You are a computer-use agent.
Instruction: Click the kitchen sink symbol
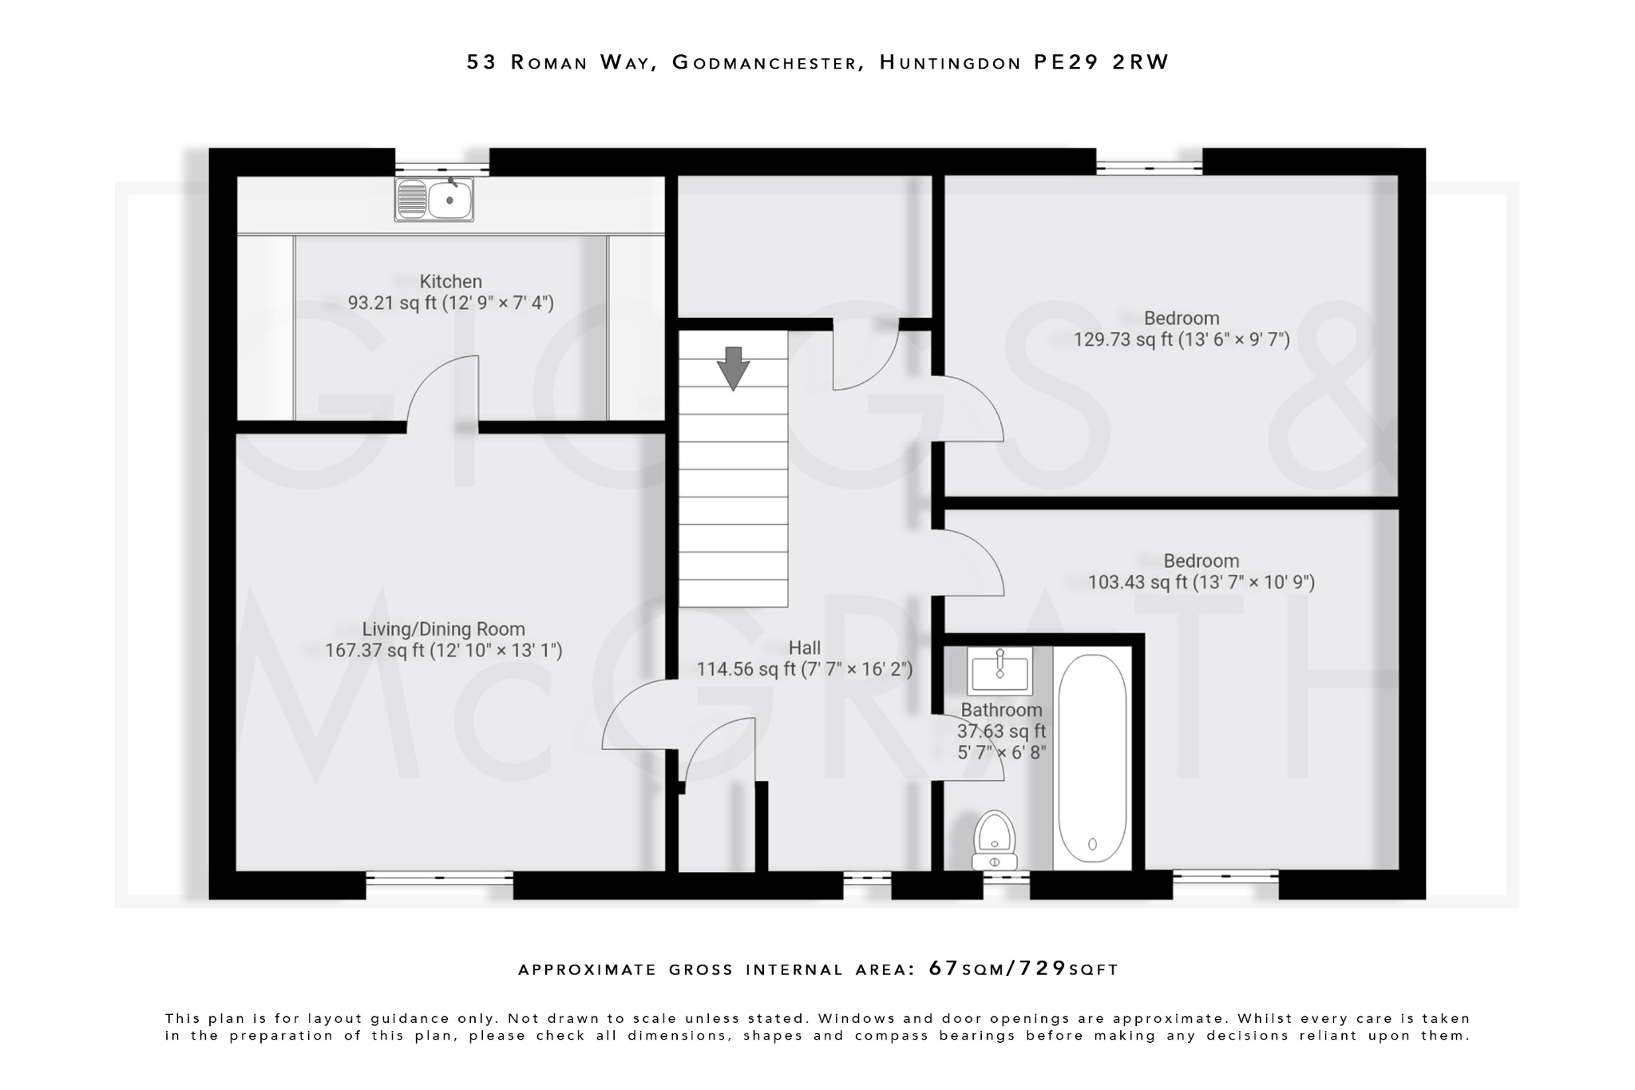tap(434, 199)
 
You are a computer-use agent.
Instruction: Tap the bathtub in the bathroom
tap(1091, 759)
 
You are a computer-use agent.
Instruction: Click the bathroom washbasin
tap(1000, 672)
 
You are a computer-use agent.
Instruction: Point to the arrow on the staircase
tap(733, 368)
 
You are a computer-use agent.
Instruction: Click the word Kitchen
tap(451, 281)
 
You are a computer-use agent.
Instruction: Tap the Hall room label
tap(804, 648)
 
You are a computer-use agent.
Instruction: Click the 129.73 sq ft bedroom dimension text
tap(1182, 339)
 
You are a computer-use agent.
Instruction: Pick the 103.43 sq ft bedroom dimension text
tap(1201, 582)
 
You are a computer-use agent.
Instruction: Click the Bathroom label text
tap(1001, 710)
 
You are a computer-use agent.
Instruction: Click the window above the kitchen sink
tap(441, 168)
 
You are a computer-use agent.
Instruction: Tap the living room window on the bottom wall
tap(439, 878)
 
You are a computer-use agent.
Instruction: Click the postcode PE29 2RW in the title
tap(1101, 62)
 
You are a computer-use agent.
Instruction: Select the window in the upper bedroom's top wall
tap(1149, 168)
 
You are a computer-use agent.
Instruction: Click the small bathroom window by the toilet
tap(1006, 878)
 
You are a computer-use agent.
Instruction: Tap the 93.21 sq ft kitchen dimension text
tap(450, 303)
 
